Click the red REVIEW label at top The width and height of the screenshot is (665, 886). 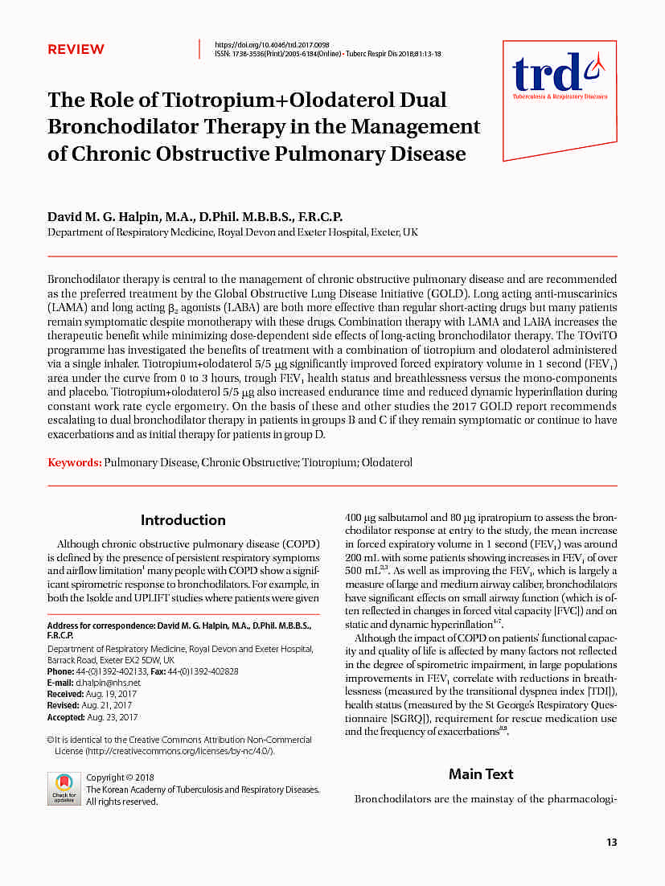pyautogui.click(x=76, y=49)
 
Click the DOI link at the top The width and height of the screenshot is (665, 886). pyautogui.click(x=272, y=44)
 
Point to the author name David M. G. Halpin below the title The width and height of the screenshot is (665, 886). pyautogui.click(x=105, y=217)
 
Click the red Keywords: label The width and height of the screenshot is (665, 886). pyautogui.click(x=75, y=462)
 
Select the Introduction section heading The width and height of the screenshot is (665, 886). pyautogui.click(x=183, y=519)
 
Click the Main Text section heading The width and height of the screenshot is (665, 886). pyautogui.click(x=481, y=773)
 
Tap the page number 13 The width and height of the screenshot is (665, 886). pyautogui.click(x=612, y=842)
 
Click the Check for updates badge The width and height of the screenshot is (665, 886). pyautogui.click(x=64, y=788)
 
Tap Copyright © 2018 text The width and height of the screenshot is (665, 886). pyautogui.click(x=120, y=777)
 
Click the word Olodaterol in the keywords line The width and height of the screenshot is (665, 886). pyautogui.click(x=387, y=462)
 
